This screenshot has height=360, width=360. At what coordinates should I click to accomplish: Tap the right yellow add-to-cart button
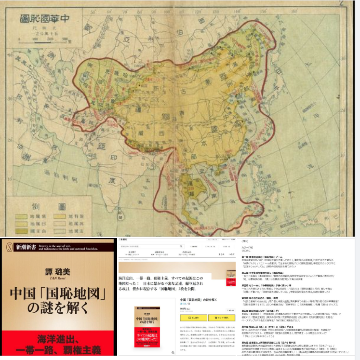coord(221,318)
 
